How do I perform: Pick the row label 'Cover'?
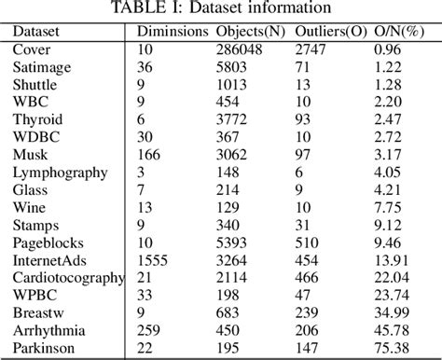[32, 48]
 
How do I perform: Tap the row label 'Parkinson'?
[43, 348]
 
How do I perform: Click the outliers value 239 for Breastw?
[307, 312]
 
